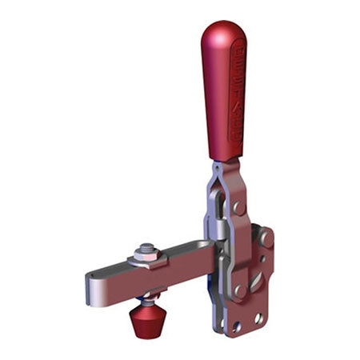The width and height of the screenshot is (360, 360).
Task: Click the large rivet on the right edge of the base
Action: pyautogui.click(x=264, y=238)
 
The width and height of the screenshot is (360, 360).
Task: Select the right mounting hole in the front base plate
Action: pyautogui.click(x=258, y=318)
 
